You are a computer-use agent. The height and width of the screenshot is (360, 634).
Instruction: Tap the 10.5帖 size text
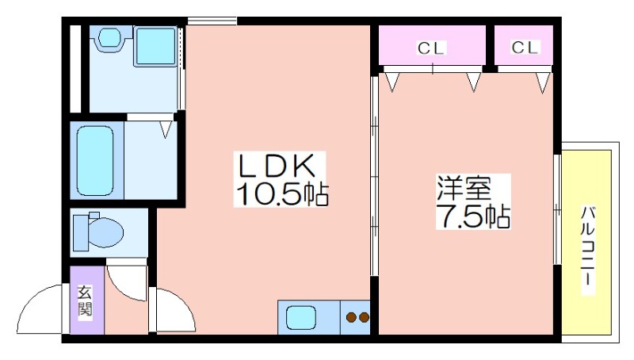[281, 194]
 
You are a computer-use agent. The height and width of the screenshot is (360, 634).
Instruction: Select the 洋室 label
[464, 188]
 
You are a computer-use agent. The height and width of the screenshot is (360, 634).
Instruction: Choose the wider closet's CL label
[431, 48]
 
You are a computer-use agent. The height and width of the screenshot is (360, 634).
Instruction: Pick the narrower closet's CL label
[525, 48]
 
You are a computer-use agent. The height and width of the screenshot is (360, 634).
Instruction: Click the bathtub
[95, 161]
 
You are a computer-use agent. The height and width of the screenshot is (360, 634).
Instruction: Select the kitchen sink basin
[301, 317]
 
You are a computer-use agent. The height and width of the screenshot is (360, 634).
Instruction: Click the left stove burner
[351, 317]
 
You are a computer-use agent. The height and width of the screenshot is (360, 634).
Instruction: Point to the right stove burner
[364, 317]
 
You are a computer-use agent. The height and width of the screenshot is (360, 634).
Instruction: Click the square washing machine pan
[155, 46]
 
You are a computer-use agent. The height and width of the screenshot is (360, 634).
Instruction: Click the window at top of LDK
[212, 21]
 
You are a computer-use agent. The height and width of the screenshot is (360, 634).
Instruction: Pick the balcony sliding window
[557, 209]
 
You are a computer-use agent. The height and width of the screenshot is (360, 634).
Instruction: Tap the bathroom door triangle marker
[166, 130]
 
